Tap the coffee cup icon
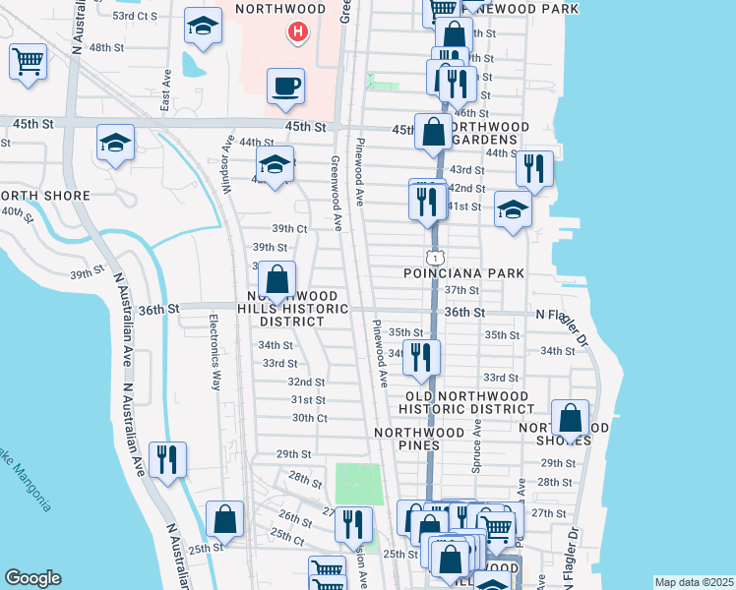point(285,86)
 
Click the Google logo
point(32,578)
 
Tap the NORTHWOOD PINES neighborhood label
point(419,439)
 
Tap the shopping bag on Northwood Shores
point(570,418)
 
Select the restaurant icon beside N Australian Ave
point(166,459)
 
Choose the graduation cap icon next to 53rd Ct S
point(203,29)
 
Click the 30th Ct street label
point(309,418)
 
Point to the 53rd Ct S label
point(135,17)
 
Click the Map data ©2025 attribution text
point(693,582)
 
